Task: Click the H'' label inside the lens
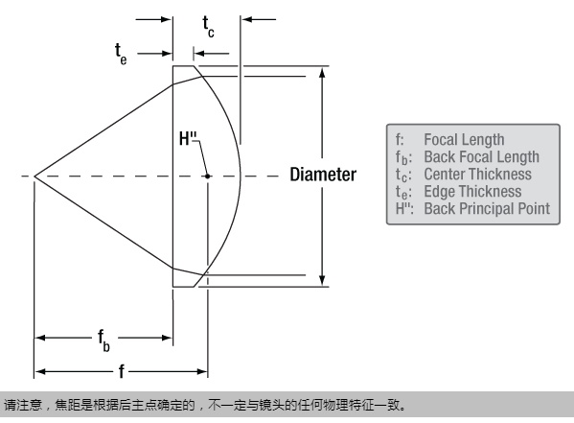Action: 188,139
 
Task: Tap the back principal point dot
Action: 208,176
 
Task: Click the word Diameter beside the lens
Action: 323,175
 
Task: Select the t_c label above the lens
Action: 208,27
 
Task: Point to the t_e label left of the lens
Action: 121,55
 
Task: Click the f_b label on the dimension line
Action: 103,341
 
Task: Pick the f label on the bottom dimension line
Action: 122,371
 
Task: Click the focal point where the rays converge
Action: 34,176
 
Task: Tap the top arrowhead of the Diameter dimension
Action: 322,72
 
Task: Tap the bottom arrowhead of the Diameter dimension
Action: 322,280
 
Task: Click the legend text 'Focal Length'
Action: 464,140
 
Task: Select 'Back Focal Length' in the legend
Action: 481,157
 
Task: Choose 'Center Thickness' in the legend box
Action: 478,175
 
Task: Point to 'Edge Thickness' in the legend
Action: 472,191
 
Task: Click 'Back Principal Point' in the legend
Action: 487,208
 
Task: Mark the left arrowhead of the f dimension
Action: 40,371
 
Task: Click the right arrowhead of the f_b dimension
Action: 167,338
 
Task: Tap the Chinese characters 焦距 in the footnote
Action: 67,406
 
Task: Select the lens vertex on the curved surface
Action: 241,176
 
